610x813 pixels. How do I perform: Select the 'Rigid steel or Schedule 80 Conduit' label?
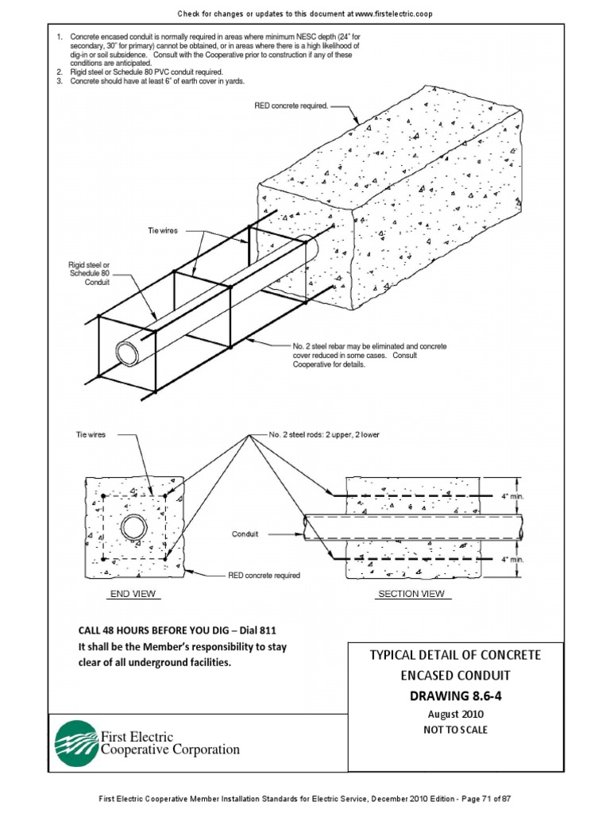click(89, 273)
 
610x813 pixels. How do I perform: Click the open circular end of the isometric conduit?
click(127, 350)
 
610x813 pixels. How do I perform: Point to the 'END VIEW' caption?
click(133, 593)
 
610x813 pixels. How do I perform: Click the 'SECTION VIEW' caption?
click(410, 593)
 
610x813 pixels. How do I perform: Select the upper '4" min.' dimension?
click(512, 496)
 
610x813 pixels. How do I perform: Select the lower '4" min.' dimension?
click(512, 560)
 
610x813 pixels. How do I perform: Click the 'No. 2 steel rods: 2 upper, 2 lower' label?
click(324, 435)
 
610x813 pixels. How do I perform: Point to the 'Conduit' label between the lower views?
click(245, 534)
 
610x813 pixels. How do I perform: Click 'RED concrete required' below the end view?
click(264, 575)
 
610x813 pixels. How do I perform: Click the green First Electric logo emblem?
click(75, 743)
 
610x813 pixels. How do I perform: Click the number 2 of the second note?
click(59, 71)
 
